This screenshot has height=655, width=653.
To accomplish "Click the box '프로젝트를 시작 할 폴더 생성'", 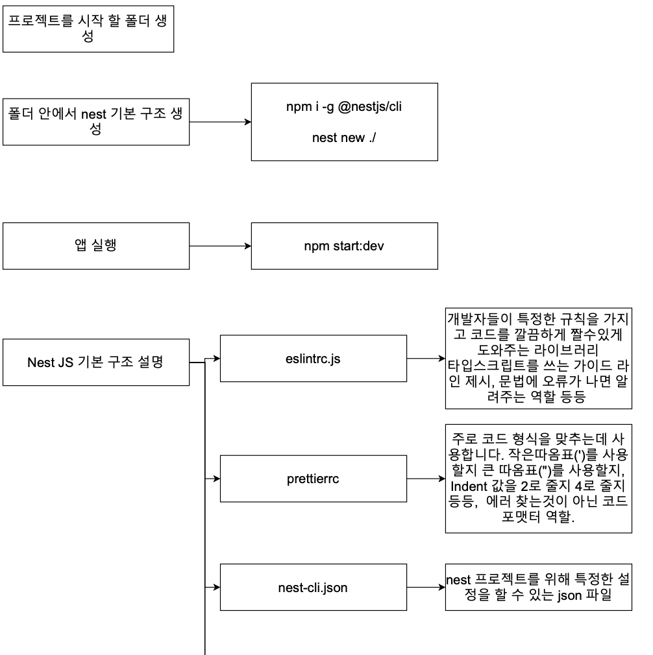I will coord(89,29).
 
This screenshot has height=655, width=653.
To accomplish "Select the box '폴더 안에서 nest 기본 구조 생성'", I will coord(96,121).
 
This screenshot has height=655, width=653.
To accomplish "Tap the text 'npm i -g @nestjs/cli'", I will coord(344,108).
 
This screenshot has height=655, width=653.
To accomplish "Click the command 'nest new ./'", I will coord(344,138).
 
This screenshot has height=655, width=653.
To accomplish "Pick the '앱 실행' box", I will coord(96,246).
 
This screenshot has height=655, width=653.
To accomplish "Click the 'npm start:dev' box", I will coord(344,246).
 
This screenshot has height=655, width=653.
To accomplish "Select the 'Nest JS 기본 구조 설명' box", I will coord(96,362).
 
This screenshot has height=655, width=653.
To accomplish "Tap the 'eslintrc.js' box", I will coord(313,358).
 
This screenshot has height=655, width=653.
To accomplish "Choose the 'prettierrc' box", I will coord(313,479).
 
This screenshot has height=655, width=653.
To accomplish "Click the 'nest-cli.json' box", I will coord(313,588).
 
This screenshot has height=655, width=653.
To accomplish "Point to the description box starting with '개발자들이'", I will coord(539,358).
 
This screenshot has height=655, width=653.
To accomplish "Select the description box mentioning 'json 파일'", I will coord(539,588).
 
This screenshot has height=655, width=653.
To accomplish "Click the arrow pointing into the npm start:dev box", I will coord(221,246).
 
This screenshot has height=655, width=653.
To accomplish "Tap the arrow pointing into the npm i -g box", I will coord(221,122).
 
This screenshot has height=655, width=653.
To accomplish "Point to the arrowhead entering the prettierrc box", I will coord(217,479).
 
